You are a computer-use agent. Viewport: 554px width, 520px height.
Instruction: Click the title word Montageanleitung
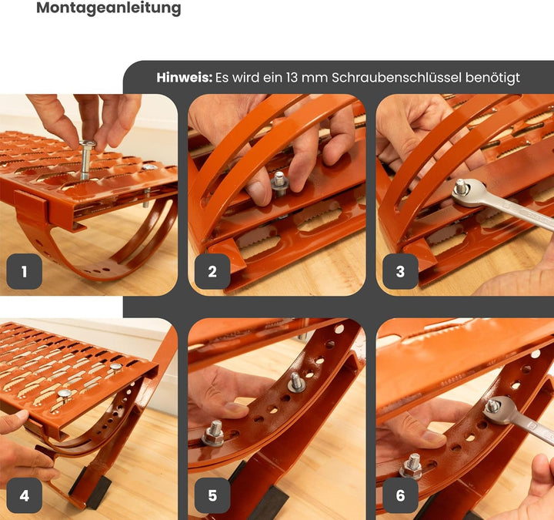[108, 8]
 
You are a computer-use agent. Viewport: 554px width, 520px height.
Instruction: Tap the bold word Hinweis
[184, 78]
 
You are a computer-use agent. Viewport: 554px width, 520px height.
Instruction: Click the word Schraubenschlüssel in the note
[396, 78]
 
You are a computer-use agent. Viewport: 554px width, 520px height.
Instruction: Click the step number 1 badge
[25, 271]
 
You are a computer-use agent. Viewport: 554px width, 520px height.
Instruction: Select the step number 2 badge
[212, 271]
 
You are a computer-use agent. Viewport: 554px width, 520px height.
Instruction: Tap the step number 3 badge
[400, 271]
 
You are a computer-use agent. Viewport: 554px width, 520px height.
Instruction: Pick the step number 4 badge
[25, 495]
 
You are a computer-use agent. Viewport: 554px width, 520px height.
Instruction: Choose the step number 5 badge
[212, 495]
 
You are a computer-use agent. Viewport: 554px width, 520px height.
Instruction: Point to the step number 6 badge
[400, 495]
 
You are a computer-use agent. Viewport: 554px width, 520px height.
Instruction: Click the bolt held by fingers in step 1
[85, 159]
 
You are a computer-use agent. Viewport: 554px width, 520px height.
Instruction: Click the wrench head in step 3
[466, 193]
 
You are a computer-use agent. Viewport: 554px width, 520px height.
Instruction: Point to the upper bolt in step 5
[295, 382]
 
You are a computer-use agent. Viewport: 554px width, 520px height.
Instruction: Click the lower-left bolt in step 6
[411, 467]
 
